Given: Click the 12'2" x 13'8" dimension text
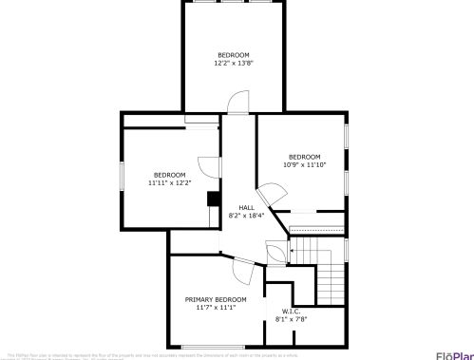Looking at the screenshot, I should (x=234, y=64).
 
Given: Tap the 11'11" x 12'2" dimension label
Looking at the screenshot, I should (x=170, y=182).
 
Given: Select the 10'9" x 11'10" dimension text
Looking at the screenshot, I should (x=305, y=165).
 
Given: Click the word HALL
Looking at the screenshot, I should (x=246, y=207).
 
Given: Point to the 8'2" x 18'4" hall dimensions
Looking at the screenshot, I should (x=246, y=216).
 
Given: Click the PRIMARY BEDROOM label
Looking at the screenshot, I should (x=216, y=299).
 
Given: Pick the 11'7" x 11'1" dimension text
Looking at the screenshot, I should (x=216, y=308).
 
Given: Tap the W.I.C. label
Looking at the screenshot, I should (x=291, y=312).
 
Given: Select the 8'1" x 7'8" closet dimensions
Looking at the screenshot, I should (x=291, y=319).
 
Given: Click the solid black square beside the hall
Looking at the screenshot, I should (x=214, y=199).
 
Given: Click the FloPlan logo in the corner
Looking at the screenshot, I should (x=454, y=354).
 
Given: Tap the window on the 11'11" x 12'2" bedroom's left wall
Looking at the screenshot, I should (x=122, y=177).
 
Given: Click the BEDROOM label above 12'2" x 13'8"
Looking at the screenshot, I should (x=234, y=55).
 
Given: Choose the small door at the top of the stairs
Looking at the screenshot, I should (x=276, y=253).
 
